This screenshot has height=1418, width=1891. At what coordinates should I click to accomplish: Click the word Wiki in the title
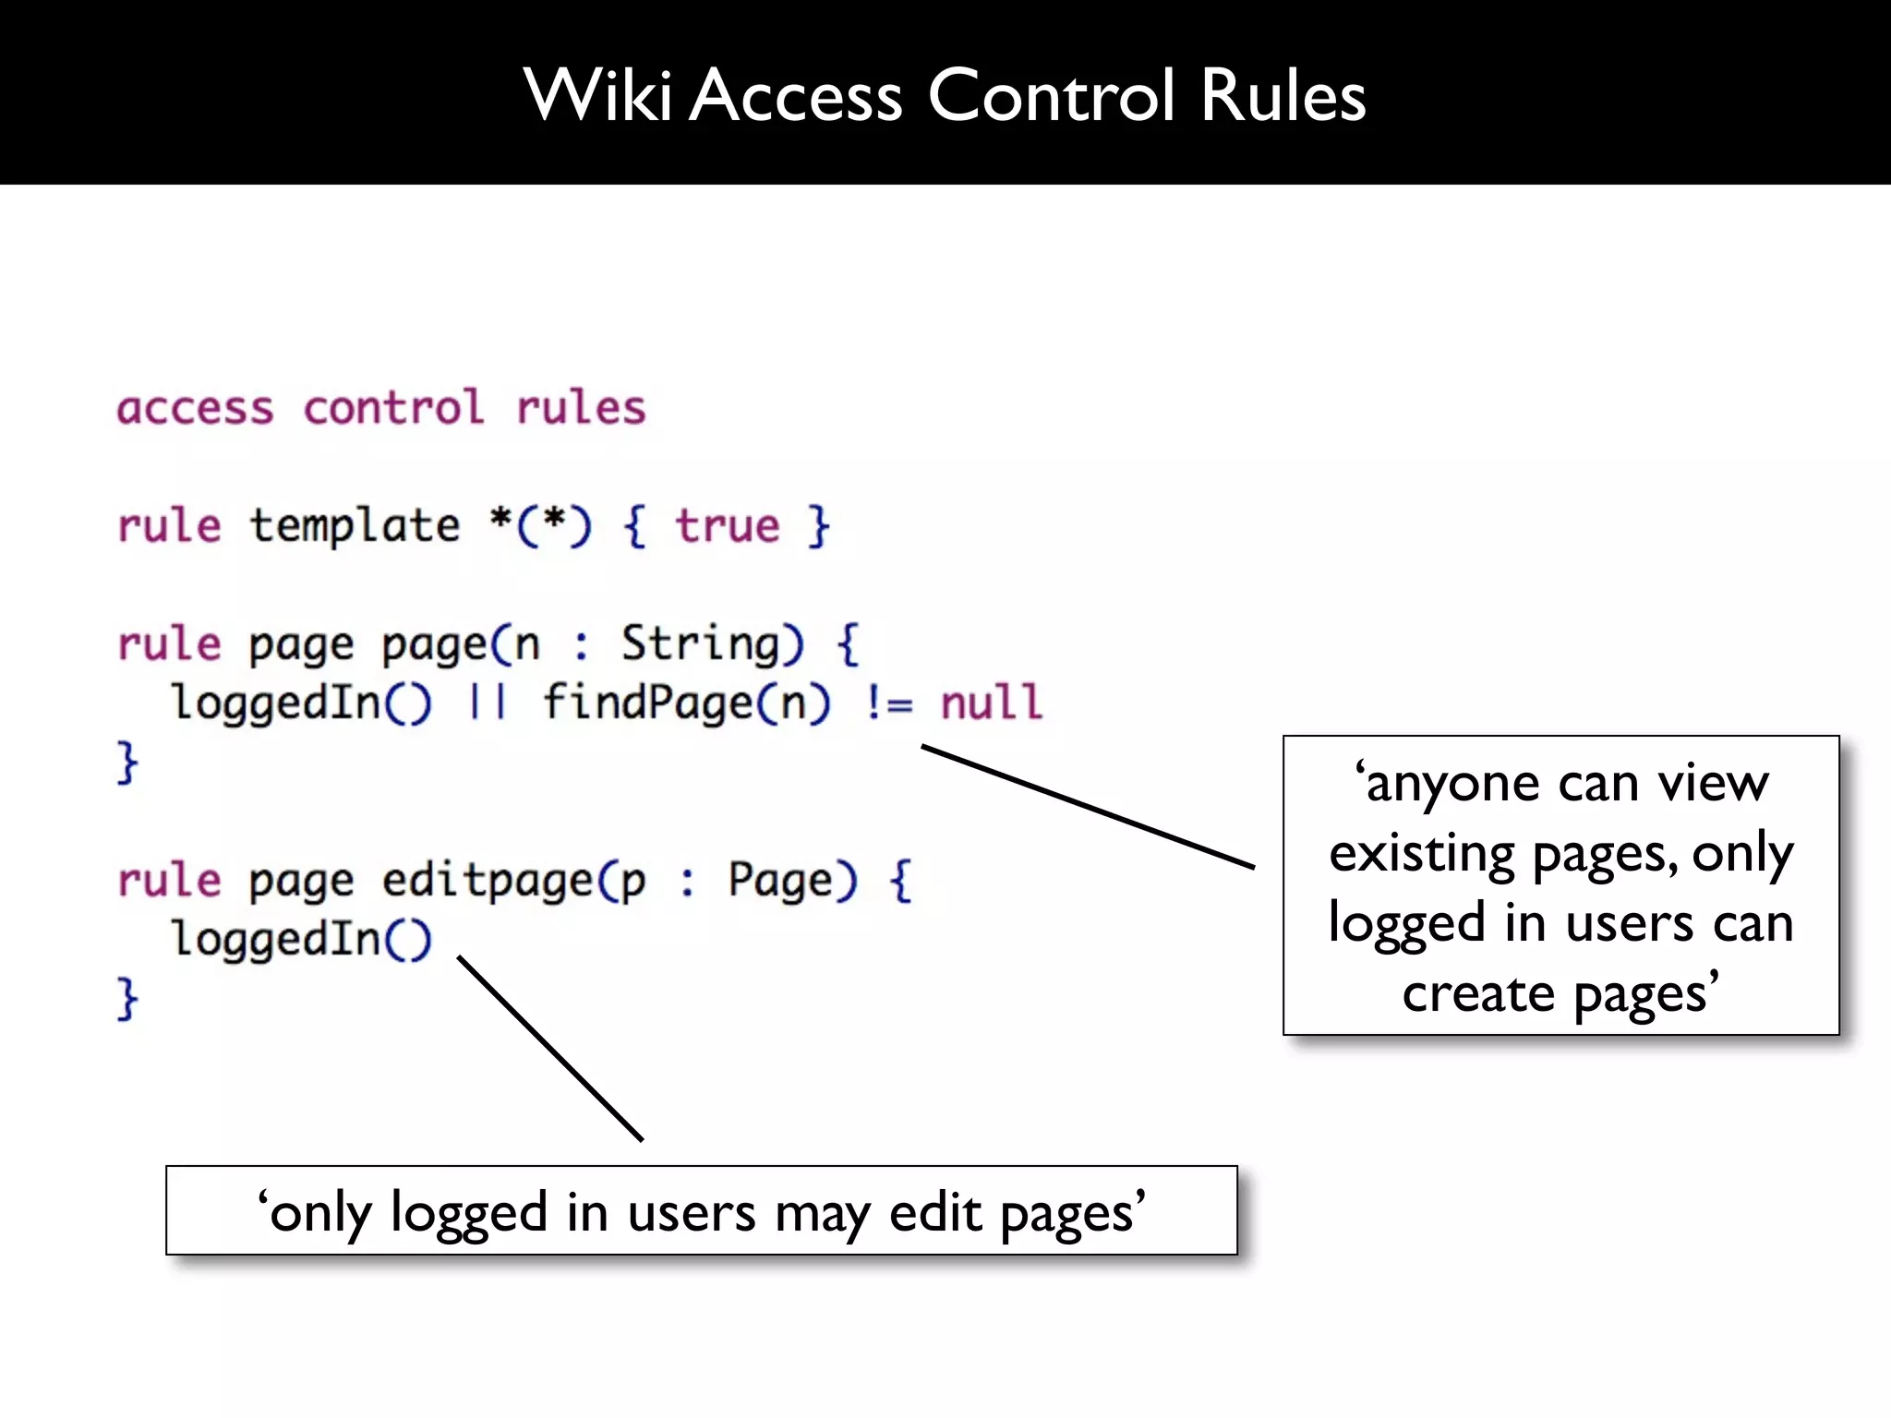coord(597,95)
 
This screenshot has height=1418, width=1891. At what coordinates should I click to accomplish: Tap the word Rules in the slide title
coord(1283,95)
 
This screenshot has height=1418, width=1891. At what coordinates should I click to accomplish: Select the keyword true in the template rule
coord(728,526)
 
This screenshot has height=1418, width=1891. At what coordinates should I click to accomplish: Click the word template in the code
coord(355,526)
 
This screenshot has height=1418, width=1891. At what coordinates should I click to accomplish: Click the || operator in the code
coord(487,703)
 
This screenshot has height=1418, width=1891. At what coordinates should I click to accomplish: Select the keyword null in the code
coord(991,703)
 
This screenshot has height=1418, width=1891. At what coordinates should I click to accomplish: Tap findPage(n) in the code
coord(686,703)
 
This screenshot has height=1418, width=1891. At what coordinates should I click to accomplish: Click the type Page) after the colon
coord(792,880)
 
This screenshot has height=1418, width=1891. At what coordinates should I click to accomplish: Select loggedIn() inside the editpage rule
coord(301,939)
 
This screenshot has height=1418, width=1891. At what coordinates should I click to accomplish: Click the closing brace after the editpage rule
coord(127,999)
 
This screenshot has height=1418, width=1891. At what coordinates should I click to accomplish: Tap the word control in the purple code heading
coord(393,408)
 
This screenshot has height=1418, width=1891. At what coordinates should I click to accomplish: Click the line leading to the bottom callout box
coord(550,1049)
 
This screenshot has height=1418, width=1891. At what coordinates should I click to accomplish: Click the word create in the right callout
coord(1478,994)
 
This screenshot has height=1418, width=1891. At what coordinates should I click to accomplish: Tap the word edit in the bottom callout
coord(935,1212)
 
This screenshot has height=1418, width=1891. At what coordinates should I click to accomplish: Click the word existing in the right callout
coord(1422,854)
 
